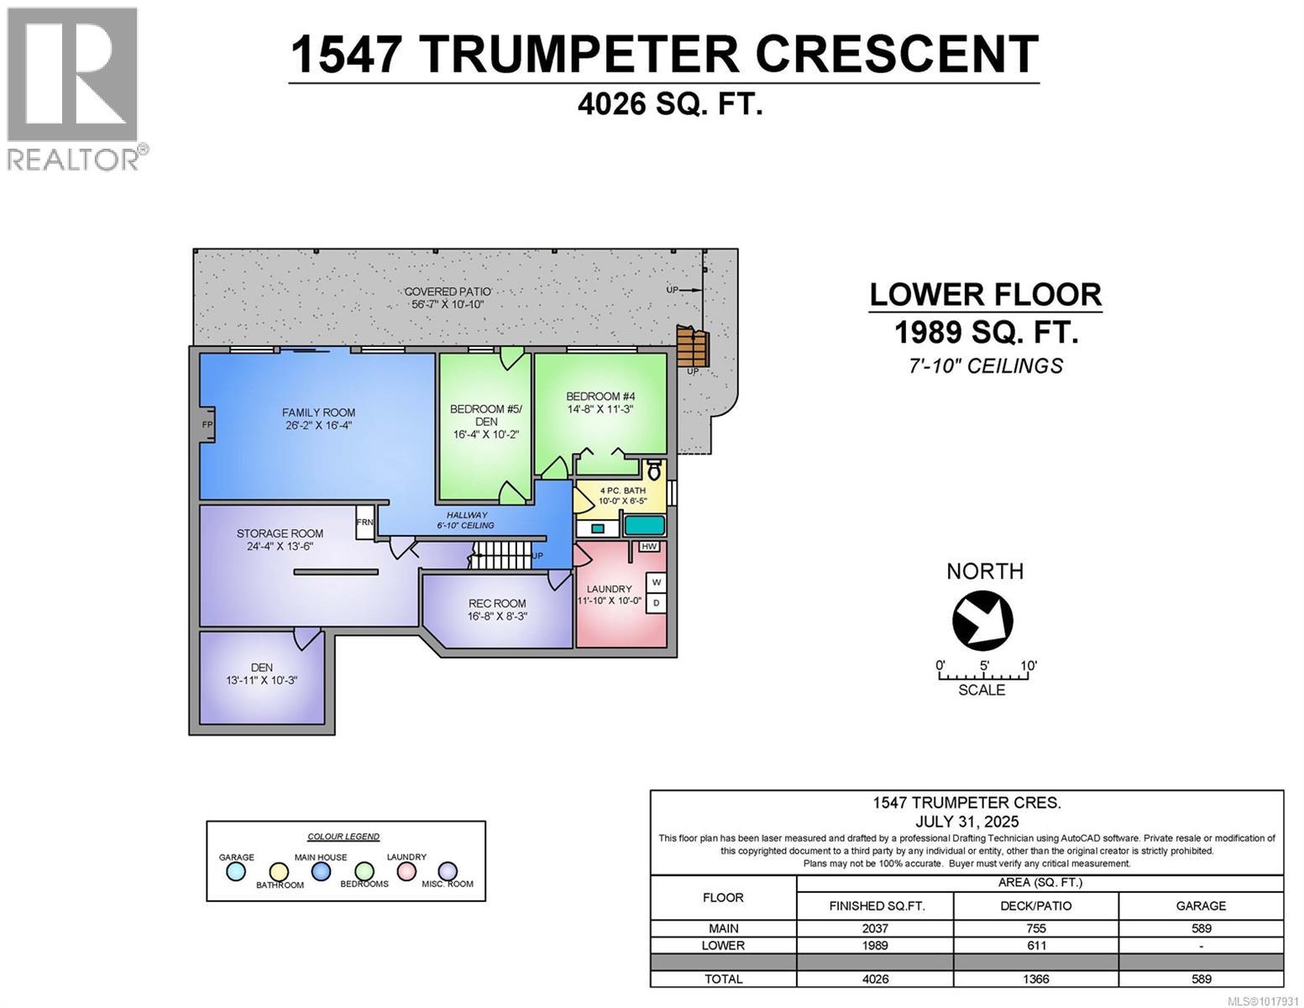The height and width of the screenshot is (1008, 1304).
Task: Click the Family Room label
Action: [318, 412]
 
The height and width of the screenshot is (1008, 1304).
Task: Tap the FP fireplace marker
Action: [207, 425]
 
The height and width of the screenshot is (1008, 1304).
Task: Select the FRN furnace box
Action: [364, 522]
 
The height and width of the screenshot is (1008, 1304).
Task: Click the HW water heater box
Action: [648, 546]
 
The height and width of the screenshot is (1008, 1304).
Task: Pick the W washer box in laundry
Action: [656, 582]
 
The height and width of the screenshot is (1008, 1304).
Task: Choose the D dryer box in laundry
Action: [656, 602]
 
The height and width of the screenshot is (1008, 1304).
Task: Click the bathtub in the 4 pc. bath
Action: [644, 527]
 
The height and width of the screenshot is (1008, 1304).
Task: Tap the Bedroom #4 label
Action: [600, 396]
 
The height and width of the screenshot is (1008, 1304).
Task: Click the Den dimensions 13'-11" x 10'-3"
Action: [261, 680]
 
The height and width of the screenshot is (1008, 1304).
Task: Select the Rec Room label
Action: [497, 603]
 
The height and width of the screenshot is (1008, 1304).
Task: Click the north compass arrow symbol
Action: [982, 621]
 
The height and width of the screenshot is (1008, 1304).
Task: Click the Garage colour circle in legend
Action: [237, 872]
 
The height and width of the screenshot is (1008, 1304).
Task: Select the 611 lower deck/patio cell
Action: [1035, 945]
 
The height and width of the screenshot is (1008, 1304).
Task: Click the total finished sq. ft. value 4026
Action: [874, 979]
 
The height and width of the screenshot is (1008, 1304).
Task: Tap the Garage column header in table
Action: [1201, 906]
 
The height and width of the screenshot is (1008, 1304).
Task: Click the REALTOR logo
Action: [74, 88]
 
